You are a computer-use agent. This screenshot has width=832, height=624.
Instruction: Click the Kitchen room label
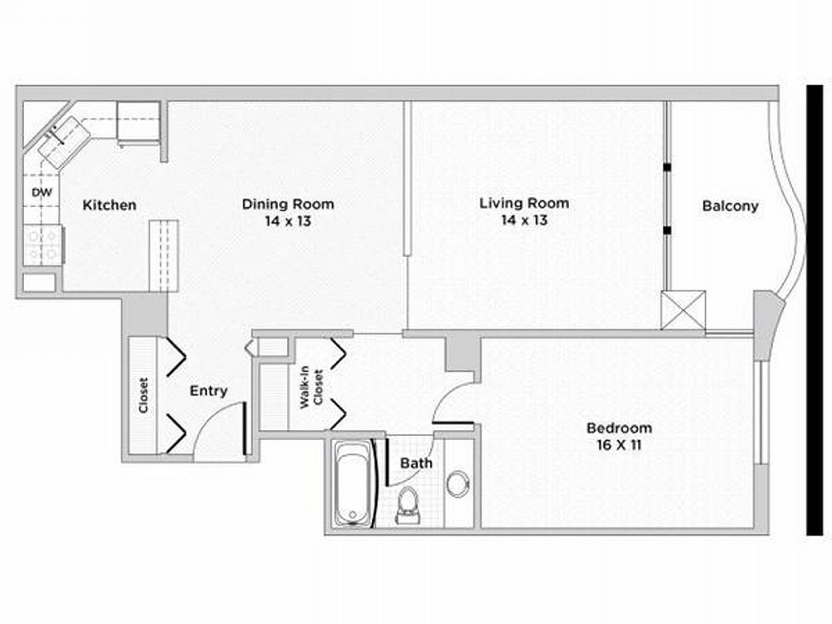pyautogui.click(x=109, y=205)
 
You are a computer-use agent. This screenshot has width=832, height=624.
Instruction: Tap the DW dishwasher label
pyautogui.click(x=42, y=192)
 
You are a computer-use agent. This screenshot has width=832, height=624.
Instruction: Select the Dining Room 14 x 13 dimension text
pyautogui.click(x=288, y=220)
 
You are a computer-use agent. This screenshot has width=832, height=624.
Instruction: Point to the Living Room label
pyautogui.click(x=524, y=203)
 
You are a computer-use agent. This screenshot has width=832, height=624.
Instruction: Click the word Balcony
pyautogui.click(x=730, y=206)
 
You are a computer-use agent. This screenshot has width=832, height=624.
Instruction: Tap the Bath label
pyautogui.click(x=416, y=463)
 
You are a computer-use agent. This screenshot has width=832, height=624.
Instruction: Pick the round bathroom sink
pyautogui.click(x=457, y=483)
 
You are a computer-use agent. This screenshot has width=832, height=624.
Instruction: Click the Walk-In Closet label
pyautogui.click(x=311, y=388)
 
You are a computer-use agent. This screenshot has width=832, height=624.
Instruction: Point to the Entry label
pyautogui.click(x=209, y=391)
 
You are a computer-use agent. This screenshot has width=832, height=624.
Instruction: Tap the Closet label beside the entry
pyautogui.click(x=143, y=395)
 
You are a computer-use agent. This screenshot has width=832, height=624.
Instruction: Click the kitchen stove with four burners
pyautogui.click(x=43, y=244)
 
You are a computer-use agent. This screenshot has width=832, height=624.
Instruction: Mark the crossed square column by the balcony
pyautogui.click(x=683, y=310)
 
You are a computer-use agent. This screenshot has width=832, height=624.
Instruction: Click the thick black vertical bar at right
pyautogui.click(x=815, y=310)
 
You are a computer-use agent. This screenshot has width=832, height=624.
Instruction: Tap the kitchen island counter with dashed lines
pyautogui.click(x=163, y=255)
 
